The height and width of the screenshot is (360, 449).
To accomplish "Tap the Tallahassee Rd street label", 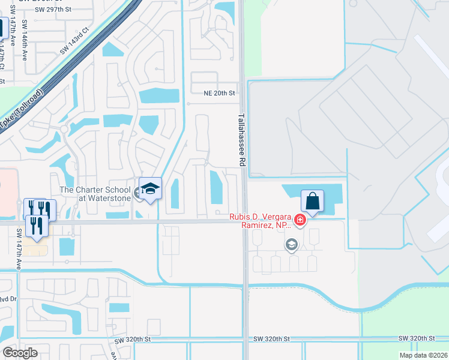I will pyautogui.click(x=242, y=140).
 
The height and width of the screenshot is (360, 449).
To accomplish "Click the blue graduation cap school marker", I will pyautogui.click(x=150, y=189).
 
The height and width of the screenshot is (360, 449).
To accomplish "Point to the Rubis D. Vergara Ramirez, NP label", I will pyautogui.click(x=259, y=221).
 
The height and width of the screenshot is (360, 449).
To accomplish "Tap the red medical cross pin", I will pyautogui.click(x=300, y=220).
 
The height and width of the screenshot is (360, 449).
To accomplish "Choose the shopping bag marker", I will pyautogui.click(x=312, y=201).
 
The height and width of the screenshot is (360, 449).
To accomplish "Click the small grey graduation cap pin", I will pyautogui.click(x=291, y=244).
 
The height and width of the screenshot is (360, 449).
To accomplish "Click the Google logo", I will pyautogui.click(x=20, y=353).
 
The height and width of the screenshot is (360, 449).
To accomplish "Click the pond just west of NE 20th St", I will pyautogui.click(x=159, y=95).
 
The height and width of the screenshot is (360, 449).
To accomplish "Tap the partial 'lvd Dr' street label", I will pyautogui.click(x=5, y=298).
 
